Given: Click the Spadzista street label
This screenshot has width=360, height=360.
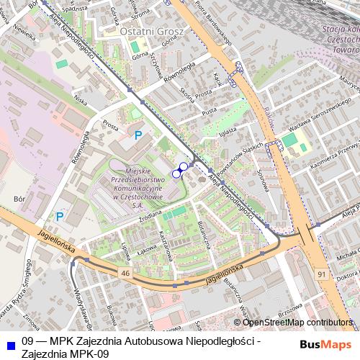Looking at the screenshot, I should (75, 9).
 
